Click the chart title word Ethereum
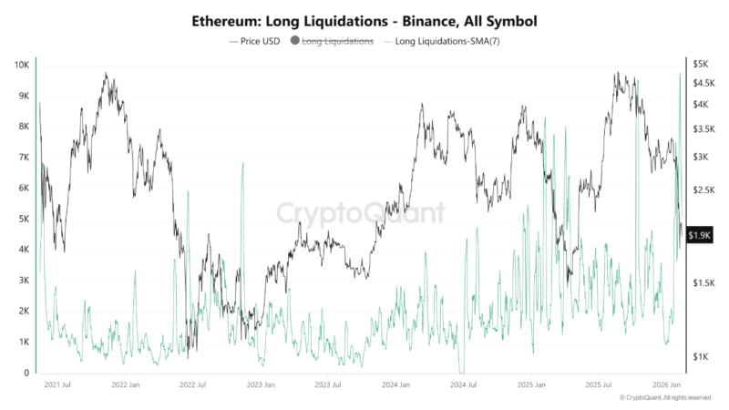pos(224,19)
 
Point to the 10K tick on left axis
pos(20,65)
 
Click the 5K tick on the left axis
pos(23,219)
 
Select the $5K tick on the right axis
pos(700,65)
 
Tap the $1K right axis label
pos(700,356)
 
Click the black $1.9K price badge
pos(700,235)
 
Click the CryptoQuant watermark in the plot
pos(362,213)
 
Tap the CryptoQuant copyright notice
pos(664,398)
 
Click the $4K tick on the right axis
pos(700,105)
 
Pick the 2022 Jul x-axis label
pos(194,385)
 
